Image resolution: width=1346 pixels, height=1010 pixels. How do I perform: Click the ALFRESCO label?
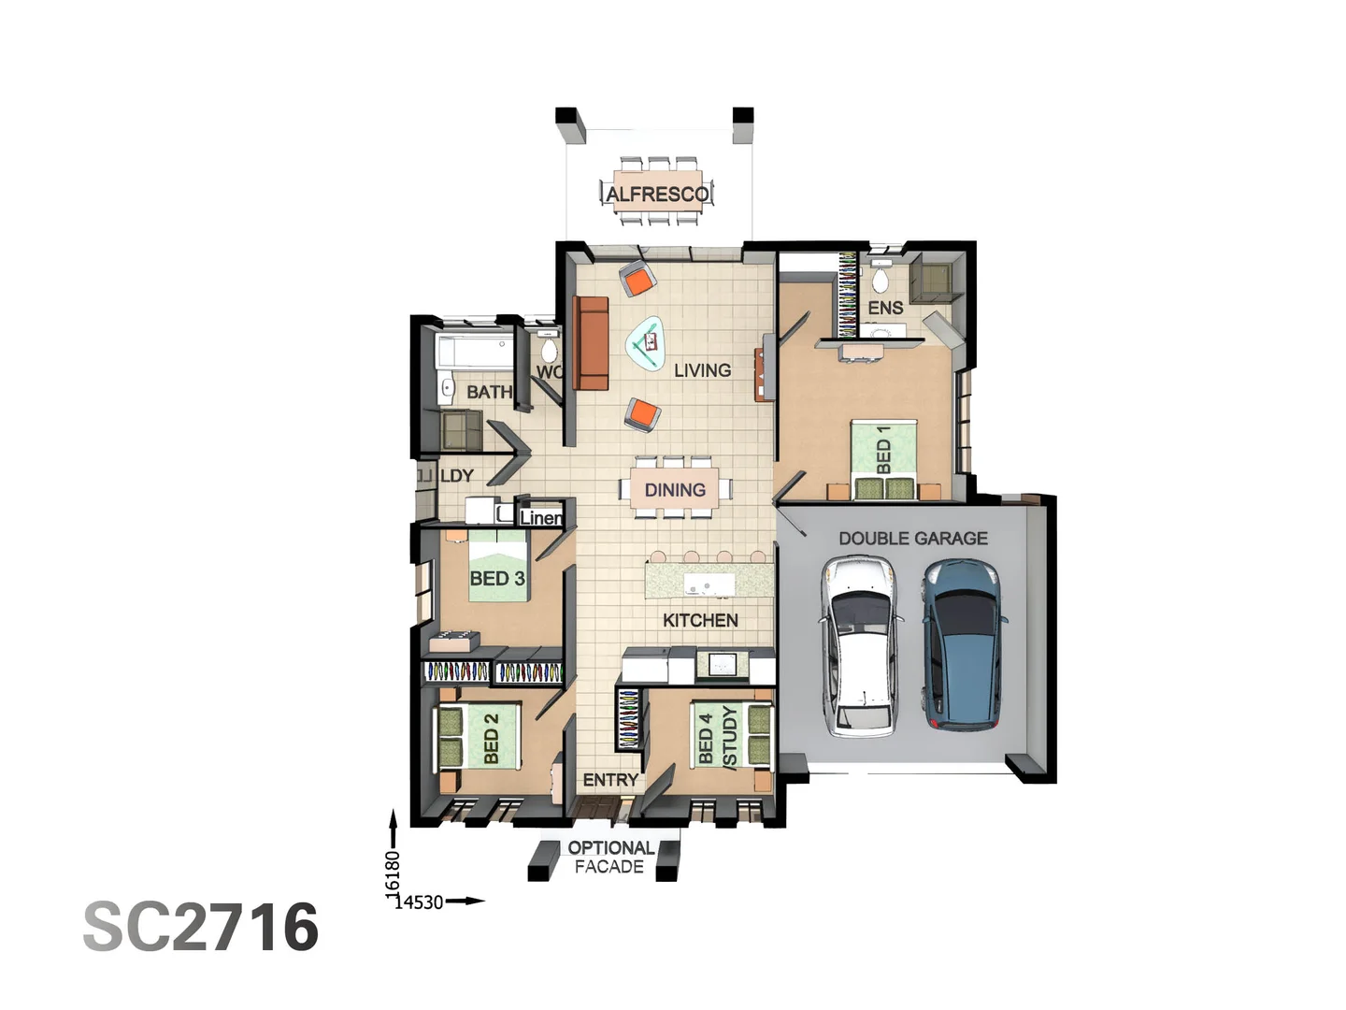coord(656,194)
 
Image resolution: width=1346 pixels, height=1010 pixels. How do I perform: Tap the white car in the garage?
coord(860,645)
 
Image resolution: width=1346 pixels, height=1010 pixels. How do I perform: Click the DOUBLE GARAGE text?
coord(912,538)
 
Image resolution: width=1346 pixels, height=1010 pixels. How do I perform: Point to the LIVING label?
coord(702,370)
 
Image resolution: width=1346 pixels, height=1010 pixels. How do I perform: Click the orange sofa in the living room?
coord(591,343)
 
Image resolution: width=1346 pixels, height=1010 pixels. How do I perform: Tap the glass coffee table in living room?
coord(646,343)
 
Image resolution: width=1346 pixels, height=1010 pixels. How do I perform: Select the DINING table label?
coord(675,490)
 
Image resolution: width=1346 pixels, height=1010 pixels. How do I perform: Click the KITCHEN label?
coord(700,620)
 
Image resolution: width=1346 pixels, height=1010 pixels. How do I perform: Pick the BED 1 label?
coord(883,451)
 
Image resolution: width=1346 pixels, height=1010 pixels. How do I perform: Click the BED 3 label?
coord(496,578)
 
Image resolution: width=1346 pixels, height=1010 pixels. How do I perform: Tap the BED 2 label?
coord(492,738)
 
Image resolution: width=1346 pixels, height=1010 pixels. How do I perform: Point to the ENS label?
coord(885,308)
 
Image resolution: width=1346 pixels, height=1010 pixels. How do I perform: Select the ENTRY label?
coord(610,779)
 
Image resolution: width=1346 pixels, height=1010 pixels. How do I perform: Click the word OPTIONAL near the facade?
coord(611,847)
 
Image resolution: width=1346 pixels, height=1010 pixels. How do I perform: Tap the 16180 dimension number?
coord(394,870)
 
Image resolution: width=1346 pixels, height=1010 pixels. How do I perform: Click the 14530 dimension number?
coord(418,902)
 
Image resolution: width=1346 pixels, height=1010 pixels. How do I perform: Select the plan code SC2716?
coord(201,927)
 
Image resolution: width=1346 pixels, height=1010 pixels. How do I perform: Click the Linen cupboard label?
coord(540,517)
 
